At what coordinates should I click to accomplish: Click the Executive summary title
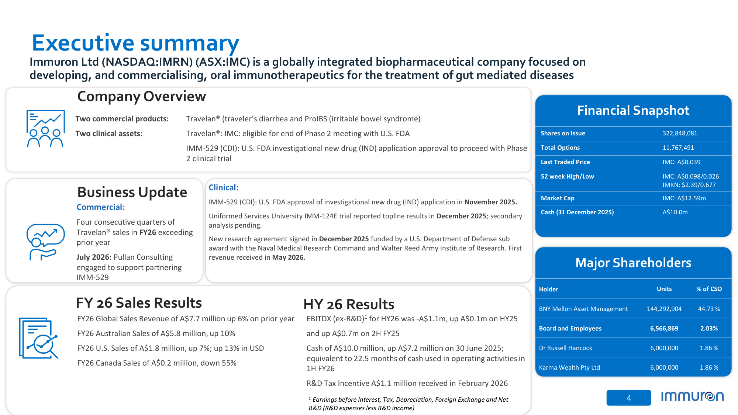(135, 43)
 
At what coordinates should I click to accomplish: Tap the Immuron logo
(692, 397)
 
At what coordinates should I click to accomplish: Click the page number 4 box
(629, 398)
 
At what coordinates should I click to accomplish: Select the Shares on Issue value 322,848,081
(680, 133)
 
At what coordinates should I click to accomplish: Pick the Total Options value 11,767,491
(678, 148)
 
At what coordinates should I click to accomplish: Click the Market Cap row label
(558, 198)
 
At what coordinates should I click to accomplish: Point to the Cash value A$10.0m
(675, 212)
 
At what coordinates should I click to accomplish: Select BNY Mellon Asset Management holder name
(583, 309)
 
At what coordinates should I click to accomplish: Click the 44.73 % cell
(709, 309)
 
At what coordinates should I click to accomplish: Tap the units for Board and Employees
(664, 328)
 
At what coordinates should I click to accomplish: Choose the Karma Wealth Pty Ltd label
(569, 367)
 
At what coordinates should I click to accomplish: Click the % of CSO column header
(709, 289)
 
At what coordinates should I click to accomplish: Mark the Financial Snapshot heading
(633, 110)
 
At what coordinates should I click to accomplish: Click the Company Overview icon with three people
(45, 129)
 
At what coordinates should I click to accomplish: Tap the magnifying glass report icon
(39, 338)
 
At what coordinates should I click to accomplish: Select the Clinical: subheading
(224, 187)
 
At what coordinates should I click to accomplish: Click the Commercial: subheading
(101, 207)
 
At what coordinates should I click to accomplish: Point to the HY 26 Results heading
(349, 304)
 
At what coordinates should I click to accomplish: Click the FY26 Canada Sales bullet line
(157, 363)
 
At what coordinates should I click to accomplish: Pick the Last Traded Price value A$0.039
(681, 162)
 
